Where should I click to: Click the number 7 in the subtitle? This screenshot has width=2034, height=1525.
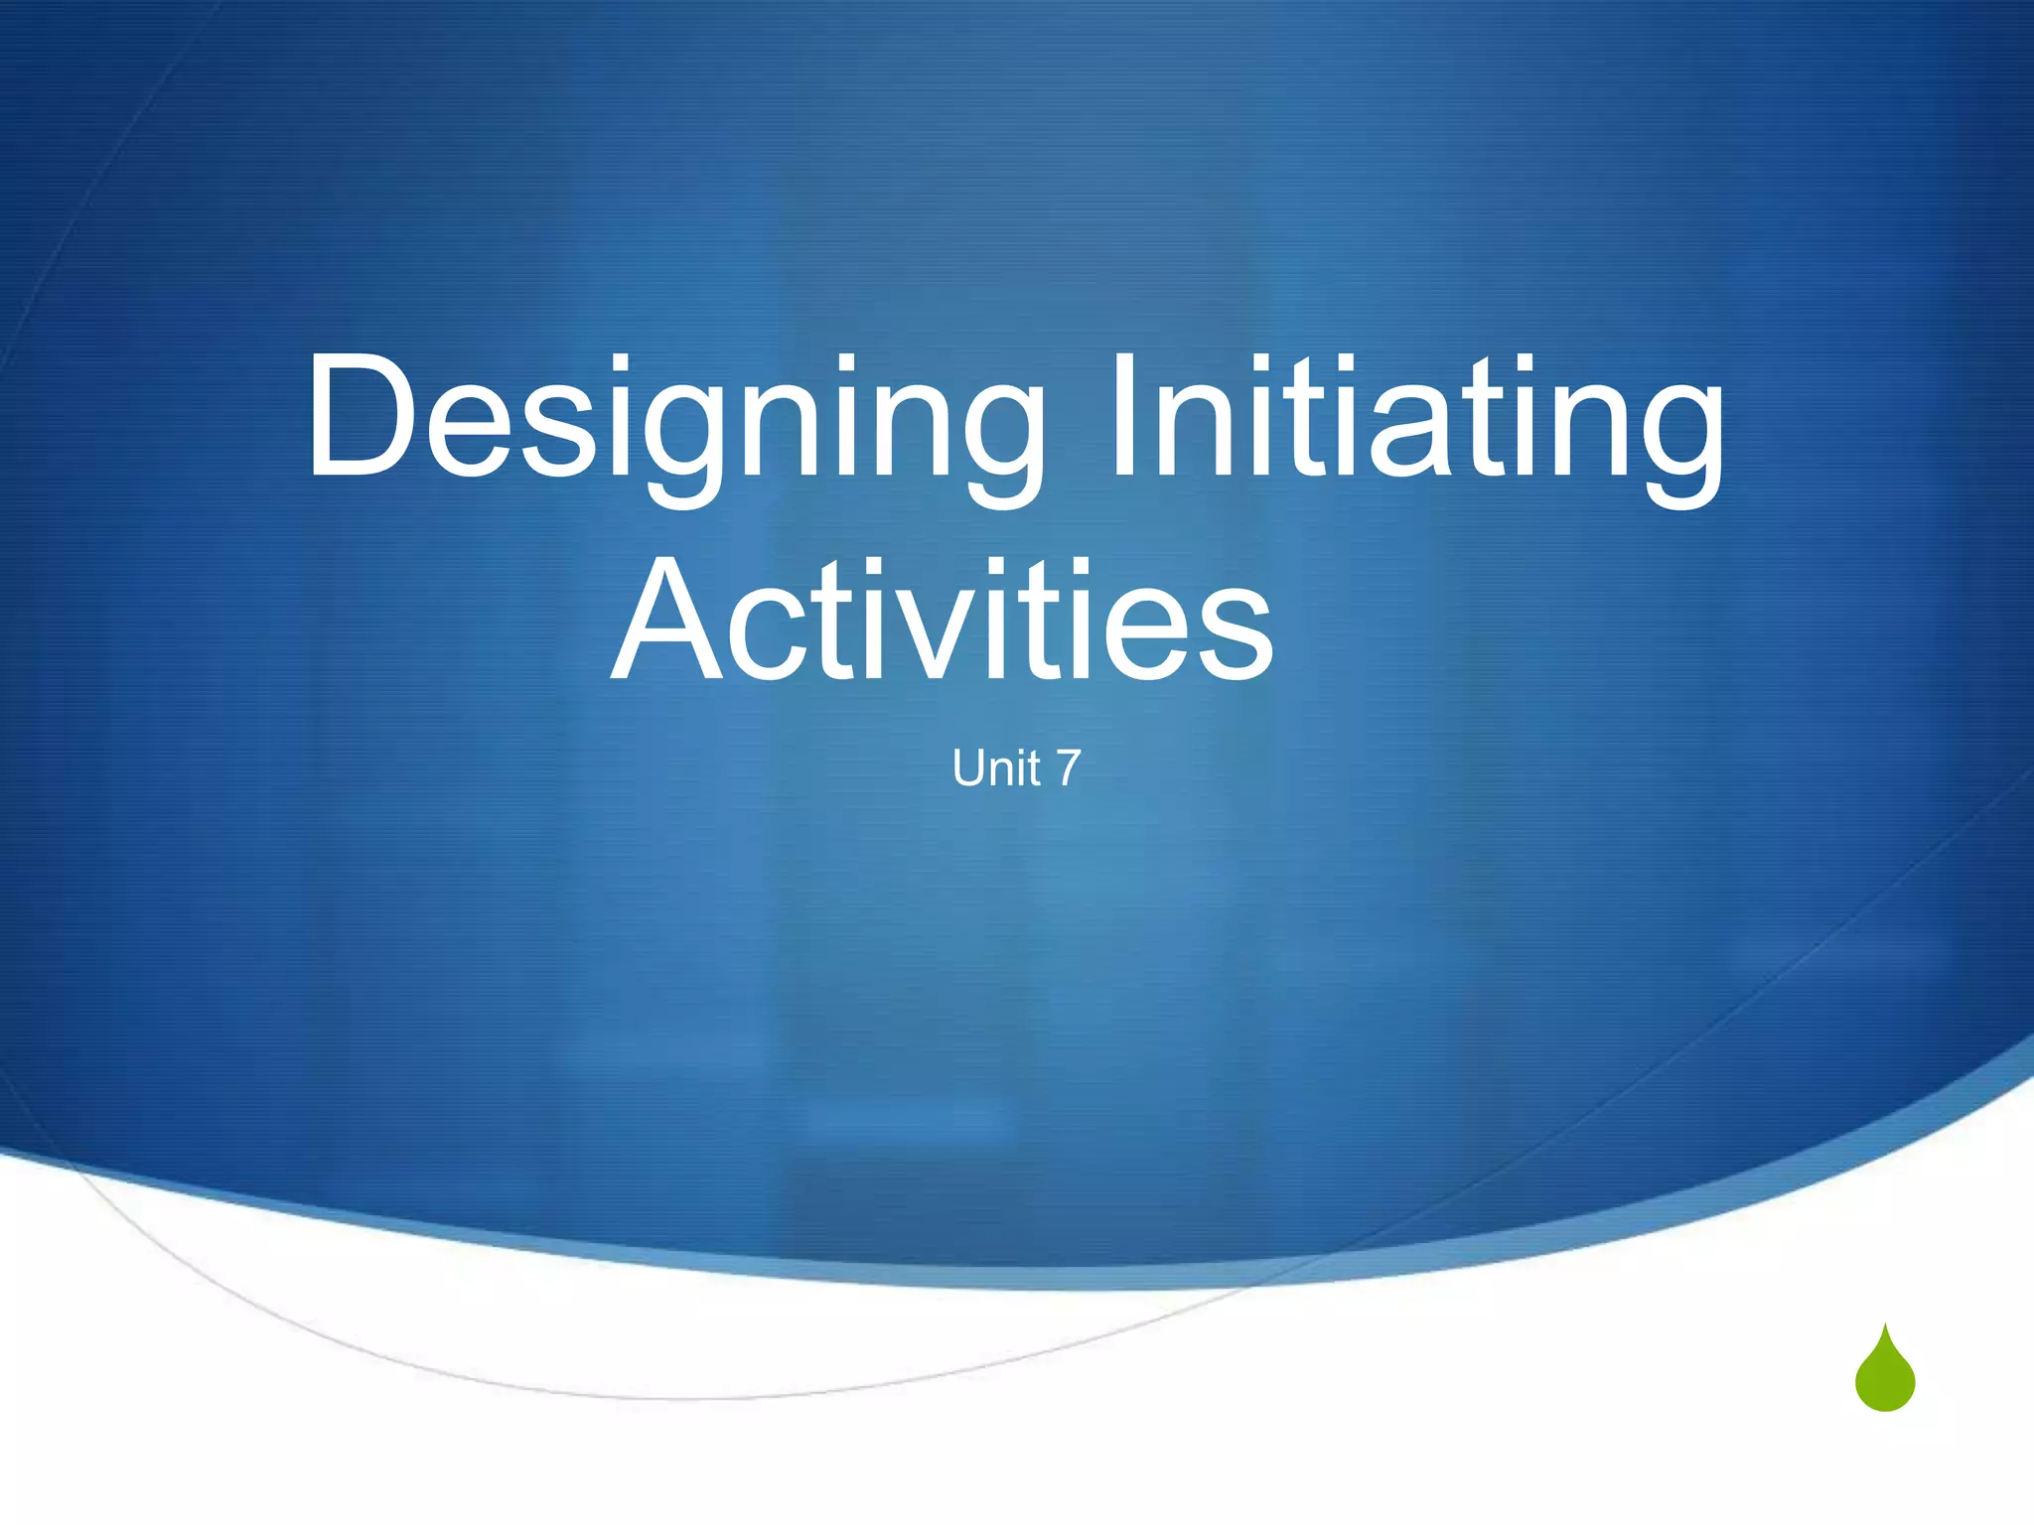(1068, 768)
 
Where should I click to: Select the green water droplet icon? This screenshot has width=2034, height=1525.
(1884, 1374)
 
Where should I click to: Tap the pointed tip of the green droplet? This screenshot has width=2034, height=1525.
(1884, 1327)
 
